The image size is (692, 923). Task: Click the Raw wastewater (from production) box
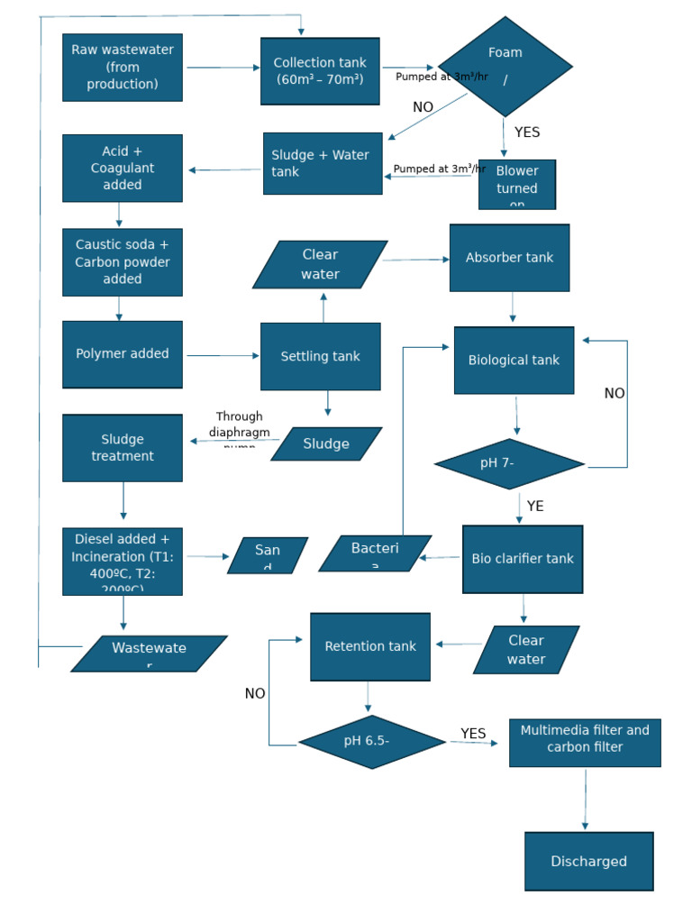(x=123, y=68)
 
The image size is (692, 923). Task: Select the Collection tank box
(x=320, y=71)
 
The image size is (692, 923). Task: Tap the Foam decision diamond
(x=505, y=67)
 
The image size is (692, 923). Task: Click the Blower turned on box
(x=517, y=185)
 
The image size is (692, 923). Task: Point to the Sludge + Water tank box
(x=323, y=163)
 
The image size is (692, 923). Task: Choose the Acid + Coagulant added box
(x=123, y=169)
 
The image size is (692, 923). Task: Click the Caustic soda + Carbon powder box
(x=123, y=262)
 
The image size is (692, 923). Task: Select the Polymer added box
(x=123, y=354)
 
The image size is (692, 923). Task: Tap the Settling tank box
(x=320, y=356)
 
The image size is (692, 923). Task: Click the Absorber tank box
(x=509, y=258)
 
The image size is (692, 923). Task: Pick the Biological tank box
(x=514, y=361)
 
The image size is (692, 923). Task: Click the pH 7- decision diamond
(x=509, y=464)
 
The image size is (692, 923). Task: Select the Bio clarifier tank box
(x=523, y=559)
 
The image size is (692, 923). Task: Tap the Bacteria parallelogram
(x=375, y=553)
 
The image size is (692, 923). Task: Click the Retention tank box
(x=370, y=647)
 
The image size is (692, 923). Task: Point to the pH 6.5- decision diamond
(x=371, y=742)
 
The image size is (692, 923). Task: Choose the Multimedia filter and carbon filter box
(x=585, y=743)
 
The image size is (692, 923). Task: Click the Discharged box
(x=589, y=862)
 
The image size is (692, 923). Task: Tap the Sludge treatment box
(x=123, y=448)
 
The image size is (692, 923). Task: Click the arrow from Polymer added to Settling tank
(x=222, y=356)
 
